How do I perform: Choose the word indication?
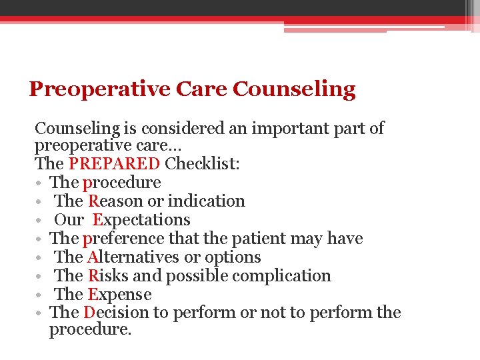207,201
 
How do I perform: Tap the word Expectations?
141,220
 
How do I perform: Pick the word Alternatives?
132,257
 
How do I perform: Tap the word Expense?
119,295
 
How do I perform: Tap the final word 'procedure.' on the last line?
90,330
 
